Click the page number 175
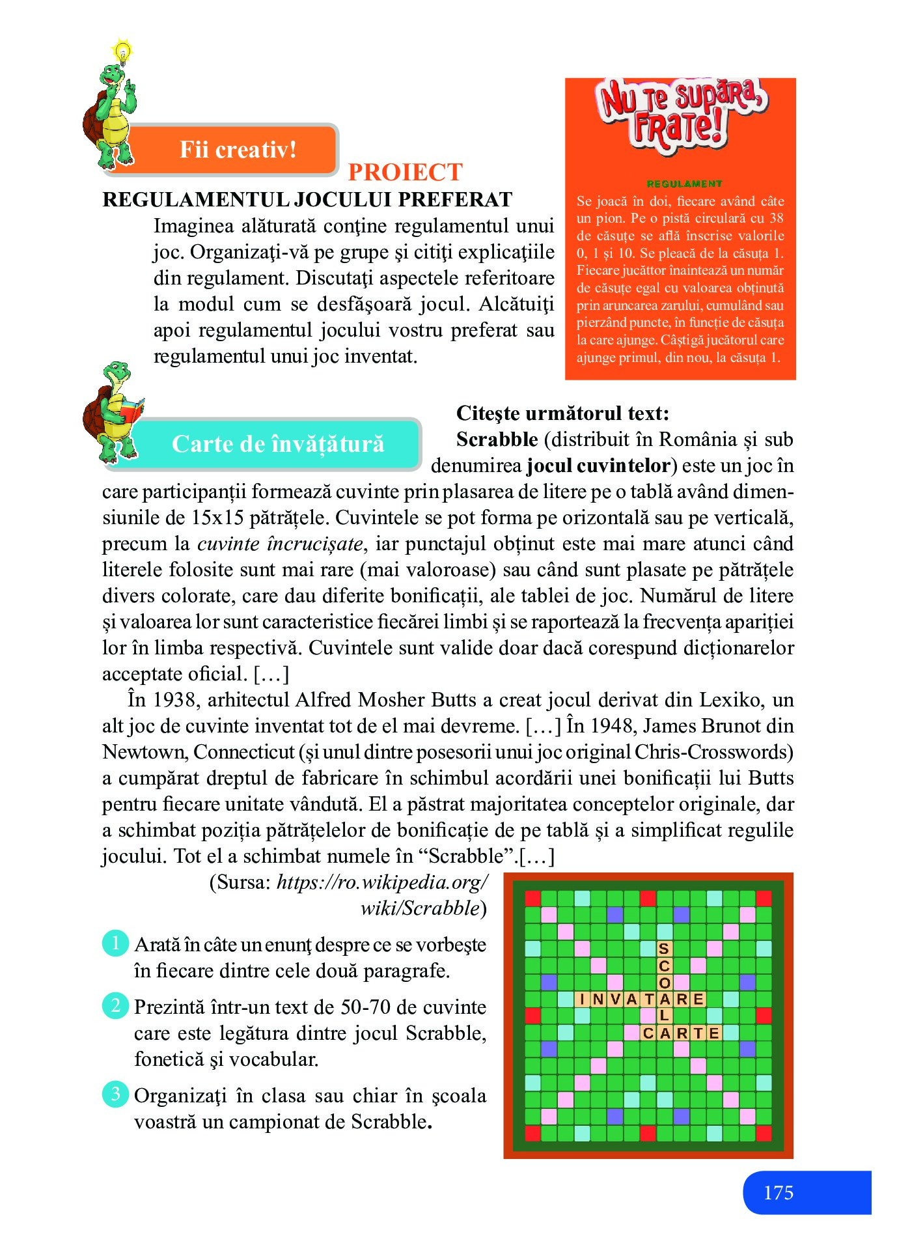coord(778,1193)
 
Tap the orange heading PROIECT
coord(405,173)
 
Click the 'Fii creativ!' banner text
coord(238,150)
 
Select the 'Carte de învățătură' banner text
coord(278,444)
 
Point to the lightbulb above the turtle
coord(122,51)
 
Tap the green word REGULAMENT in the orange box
coord(684,184)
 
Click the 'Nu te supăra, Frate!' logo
coord(680,114)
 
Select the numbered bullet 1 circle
coord(115,943)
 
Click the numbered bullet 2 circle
coord(115,1005)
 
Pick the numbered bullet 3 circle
coord(115,1094)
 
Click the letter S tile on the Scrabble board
coord(663,949)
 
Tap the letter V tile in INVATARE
coord(614,999)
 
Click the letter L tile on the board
coord(664,1016)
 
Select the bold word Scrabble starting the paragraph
coord(497,440)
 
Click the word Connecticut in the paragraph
coord(243,752)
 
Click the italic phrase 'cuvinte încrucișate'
coord(280,544)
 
